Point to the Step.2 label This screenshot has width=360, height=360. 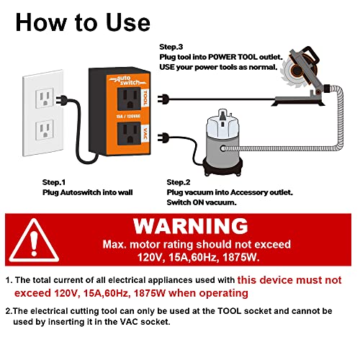pos(181,182)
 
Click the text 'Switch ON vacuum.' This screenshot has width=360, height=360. pos(204,202)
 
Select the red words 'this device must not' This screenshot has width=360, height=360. pos(289,280)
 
